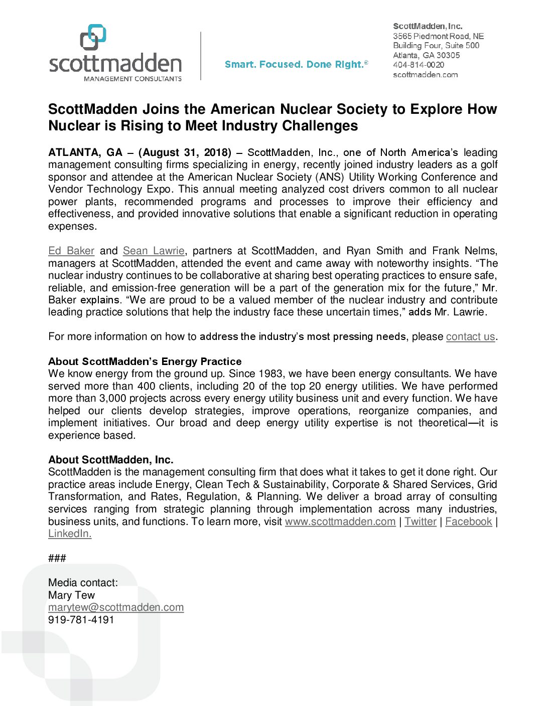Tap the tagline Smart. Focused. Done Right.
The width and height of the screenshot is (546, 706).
click(296, 65)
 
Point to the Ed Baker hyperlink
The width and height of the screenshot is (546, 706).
click(71, 251)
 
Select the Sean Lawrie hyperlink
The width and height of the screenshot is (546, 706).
click(154, 251)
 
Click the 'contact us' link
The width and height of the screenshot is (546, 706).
click(470, 336)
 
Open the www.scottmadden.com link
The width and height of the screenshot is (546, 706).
click(340, 521)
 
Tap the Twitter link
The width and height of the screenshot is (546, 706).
click(421, 521)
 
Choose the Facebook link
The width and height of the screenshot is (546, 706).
click(469, 521)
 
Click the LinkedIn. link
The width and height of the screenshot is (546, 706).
click(70, 534)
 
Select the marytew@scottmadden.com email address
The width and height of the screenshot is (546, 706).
click(116, 607)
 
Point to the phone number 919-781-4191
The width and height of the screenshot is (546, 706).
click(81, 620)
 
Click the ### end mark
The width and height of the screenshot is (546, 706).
click(57, 558)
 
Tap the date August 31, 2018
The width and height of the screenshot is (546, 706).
click(185, 152)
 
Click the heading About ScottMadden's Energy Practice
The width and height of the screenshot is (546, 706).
click(145, 362)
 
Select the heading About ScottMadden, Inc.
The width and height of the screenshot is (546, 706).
click(111, 460)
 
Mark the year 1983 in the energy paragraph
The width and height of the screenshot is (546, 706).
click(271, 374)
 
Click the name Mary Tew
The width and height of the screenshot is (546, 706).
click(71, 595)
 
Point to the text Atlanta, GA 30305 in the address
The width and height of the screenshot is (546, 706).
click(426, 55)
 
